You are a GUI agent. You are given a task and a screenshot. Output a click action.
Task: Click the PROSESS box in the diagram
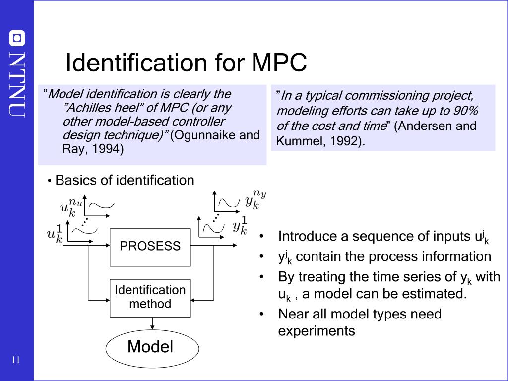150,247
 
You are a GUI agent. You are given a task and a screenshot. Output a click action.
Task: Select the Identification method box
150,297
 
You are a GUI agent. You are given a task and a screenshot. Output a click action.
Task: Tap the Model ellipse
150,347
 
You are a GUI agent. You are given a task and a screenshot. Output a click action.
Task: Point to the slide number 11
15,360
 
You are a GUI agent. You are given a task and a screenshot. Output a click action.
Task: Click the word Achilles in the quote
88,108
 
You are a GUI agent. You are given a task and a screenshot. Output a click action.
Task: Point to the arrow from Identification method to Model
152,323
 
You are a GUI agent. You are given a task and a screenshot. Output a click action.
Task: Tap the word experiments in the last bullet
317,331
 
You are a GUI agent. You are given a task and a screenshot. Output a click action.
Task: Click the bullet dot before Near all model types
261,315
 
